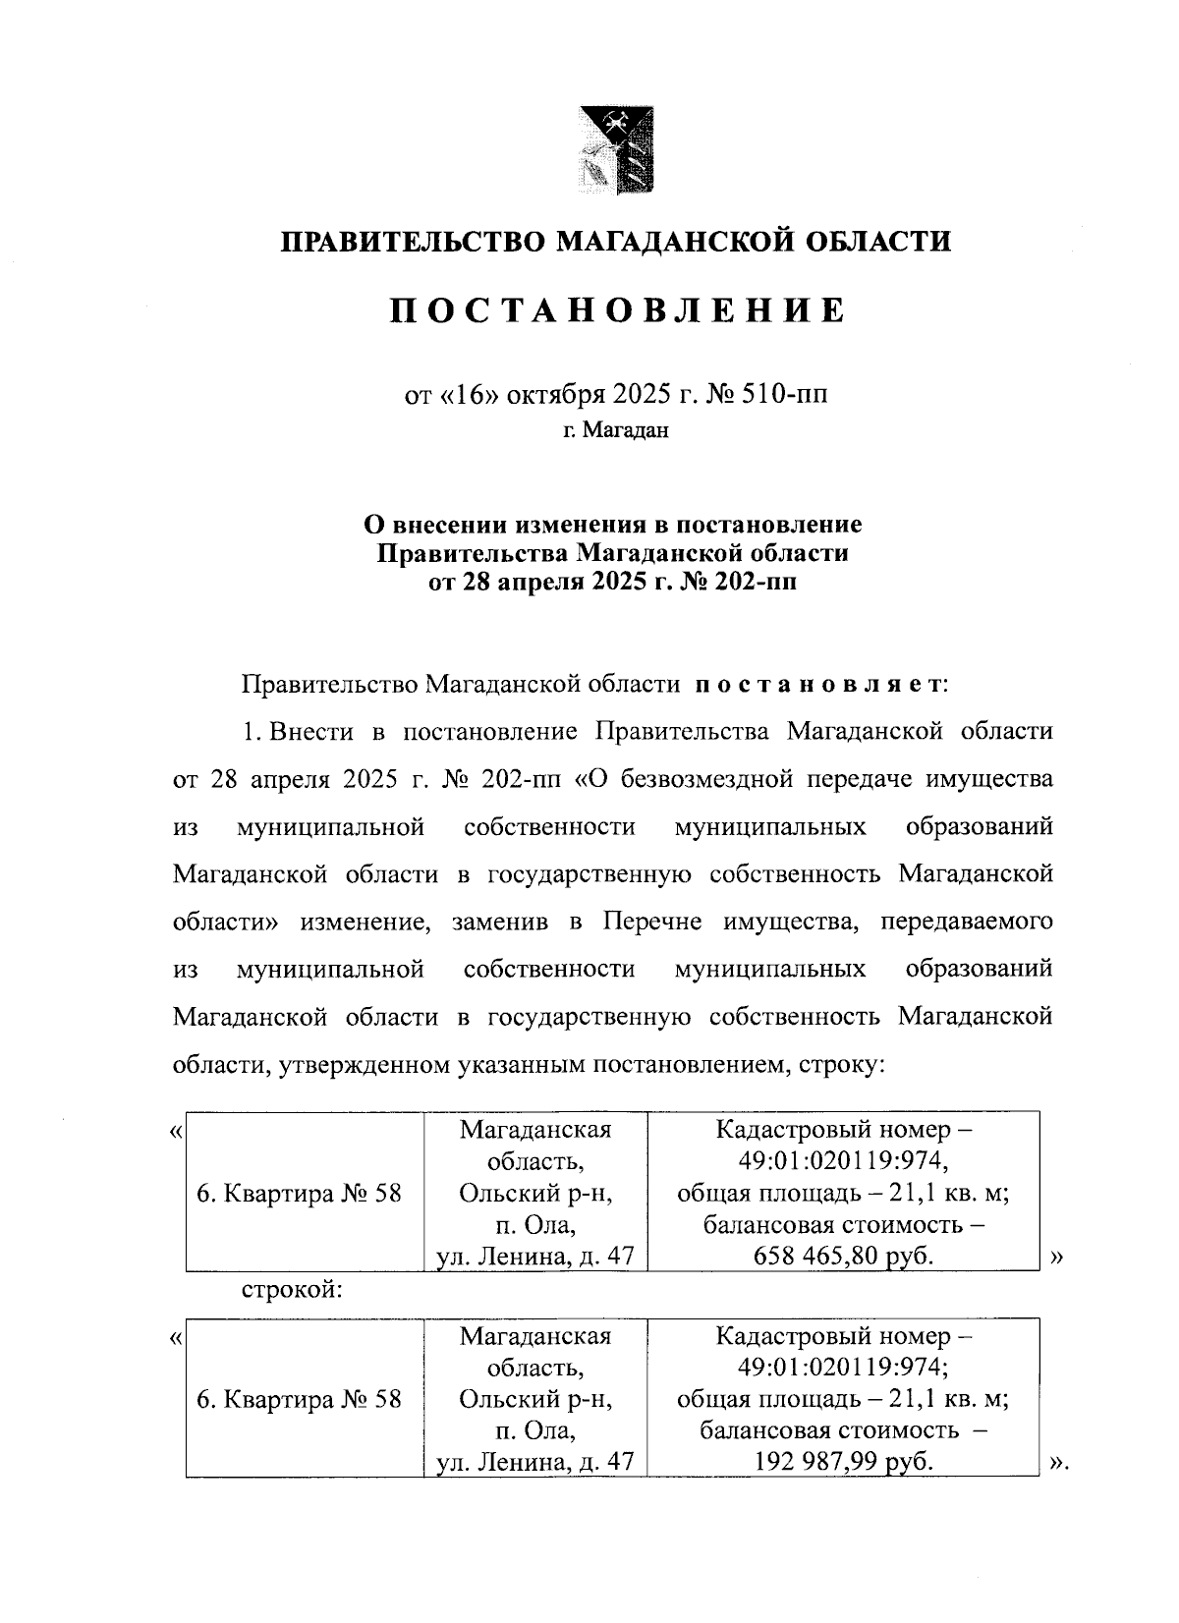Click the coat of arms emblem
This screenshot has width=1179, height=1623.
[x=616, y=149]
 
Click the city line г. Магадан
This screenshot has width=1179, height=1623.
[x=616, y=429]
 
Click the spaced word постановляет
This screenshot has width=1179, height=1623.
[x=819, y=683]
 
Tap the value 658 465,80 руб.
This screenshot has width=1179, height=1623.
[x=843, y=1256]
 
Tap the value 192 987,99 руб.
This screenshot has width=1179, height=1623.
[x=843, y=1462]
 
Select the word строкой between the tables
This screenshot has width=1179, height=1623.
[x=292, y=1289]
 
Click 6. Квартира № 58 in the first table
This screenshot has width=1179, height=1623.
[x=300, y=1194]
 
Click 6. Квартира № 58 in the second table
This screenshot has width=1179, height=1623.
[x=300, y=1399]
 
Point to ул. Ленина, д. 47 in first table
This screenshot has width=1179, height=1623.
[x=535, y=1256]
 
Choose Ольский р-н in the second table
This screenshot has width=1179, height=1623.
[x=535, y=1399]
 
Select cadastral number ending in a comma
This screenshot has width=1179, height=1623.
[x=843, y=1161]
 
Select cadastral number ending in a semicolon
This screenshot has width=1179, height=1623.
[x=843, y=1368]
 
